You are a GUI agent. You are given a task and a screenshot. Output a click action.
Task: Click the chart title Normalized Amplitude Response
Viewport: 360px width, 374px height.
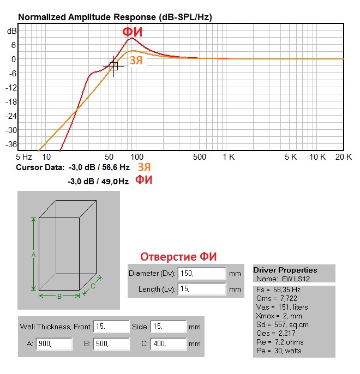click(115, 17)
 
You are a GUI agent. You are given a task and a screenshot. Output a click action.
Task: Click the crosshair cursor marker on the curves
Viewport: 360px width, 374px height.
click(113, 66)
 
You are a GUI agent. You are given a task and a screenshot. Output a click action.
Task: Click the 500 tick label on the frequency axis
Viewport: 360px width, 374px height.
click(200, 157)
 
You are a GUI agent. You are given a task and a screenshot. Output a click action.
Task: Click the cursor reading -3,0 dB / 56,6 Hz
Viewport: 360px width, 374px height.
click(99, 167)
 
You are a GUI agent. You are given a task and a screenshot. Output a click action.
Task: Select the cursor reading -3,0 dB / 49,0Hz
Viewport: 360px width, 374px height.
click(98, 180)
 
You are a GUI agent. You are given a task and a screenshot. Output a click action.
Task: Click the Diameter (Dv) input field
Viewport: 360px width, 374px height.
click(201, 273)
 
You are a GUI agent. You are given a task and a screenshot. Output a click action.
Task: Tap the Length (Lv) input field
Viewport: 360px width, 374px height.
click(201, 289)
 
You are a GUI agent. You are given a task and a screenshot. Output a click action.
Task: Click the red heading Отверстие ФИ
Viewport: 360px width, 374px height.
click(179, 257)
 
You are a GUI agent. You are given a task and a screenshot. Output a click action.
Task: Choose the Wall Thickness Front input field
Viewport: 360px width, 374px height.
click(111, 327)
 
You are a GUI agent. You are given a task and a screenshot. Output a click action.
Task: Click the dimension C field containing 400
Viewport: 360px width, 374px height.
click(168, 344)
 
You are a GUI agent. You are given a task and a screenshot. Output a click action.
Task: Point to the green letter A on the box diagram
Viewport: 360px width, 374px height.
click(34, 255)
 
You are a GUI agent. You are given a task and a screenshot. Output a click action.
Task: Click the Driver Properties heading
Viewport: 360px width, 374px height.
click(285, 270)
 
